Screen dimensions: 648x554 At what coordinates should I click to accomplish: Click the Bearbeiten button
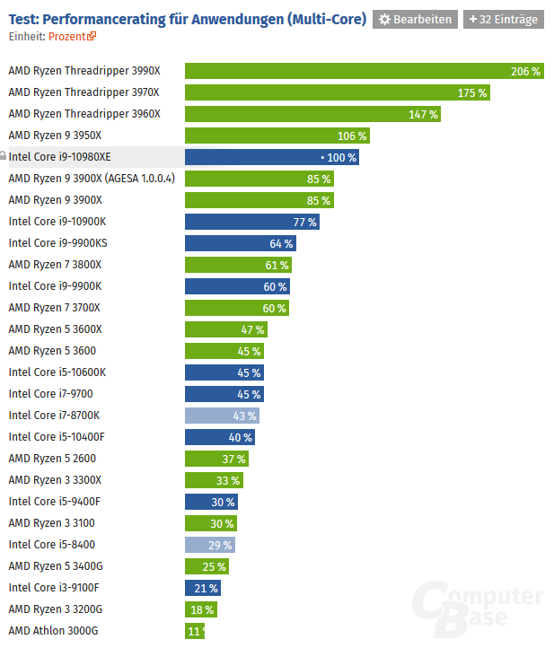coord(415,19)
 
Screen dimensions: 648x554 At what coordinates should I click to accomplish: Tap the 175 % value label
coord(471,92)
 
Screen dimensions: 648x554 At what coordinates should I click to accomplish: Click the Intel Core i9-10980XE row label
coord(59,157)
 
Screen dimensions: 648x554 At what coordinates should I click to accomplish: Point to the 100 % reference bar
coord(271,157)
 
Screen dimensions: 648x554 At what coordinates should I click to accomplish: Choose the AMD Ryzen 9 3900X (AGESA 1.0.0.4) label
coord(91,179)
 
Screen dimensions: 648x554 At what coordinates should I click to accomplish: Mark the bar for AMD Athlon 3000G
coord(195,631)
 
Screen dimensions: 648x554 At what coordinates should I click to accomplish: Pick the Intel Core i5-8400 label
coord(51,545)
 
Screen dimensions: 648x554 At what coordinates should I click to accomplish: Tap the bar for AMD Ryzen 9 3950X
coord(277,136)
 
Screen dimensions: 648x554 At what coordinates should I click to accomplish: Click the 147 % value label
coord(423,114)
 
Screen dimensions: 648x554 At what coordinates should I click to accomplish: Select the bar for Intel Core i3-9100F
coord(203,588)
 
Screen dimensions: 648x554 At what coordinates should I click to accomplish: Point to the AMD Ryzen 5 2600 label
coord(52,459)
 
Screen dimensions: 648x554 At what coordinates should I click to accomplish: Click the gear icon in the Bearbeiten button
coord(385,19)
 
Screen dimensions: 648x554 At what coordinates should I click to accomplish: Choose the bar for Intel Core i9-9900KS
coord(240,243)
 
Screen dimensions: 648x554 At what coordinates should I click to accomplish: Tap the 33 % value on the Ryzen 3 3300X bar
coord(227,480)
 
